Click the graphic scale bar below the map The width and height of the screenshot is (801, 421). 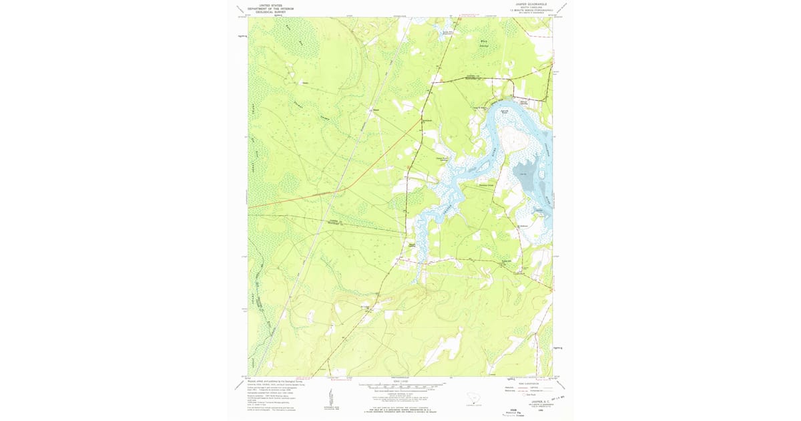click(400, 386)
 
